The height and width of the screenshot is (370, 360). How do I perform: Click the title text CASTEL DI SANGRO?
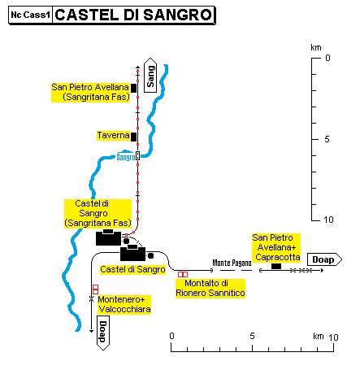(133, 15)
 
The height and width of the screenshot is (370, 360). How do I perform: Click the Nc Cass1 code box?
(30, 15)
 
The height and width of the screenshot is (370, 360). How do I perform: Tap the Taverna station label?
(113, 135)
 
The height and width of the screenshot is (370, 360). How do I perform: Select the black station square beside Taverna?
(133, 137)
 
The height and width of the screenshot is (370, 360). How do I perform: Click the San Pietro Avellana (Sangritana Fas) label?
(90, 92)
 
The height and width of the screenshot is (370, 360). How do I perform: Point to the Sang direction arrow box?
(150, 75)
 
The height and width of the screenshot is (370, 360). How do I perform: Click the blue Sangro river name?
(126, 157)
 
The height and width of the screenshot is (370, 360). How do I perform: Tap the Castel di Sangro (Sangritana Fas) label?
(98, 213)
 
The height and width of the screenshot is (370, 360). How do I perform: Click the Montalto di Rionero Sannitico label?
(210, 288)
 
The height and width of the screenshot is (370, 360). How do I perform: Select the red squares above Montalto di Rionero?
(183, 275)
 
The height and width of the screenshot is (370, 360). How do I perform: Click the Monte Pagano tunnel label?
(232, 263)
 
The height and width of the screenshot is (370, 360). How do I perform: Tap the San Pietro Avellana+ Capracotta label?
(276, 247)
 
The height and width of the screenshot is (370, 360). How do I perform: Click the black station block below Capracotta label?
(276, 266)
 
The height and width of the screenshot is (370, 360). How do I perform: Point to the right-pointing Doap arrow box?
(324, 259)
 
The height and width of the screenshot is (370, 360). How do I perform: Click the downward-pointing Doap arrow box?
(103, 333)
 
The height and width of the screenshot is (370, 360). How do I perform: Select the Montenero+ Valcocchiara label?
(124, 304)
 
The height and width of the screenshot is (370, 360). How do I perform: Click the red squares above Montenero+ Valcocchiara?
(95, 289)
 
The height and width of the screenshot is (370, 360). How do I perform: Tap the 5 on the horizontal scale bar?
(252, 336)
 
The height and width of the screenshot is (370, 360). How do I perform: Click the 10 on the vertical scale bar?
(328, 220)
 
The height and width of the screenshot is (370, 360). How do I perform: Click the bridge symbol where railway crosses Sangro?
(137, 156)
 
